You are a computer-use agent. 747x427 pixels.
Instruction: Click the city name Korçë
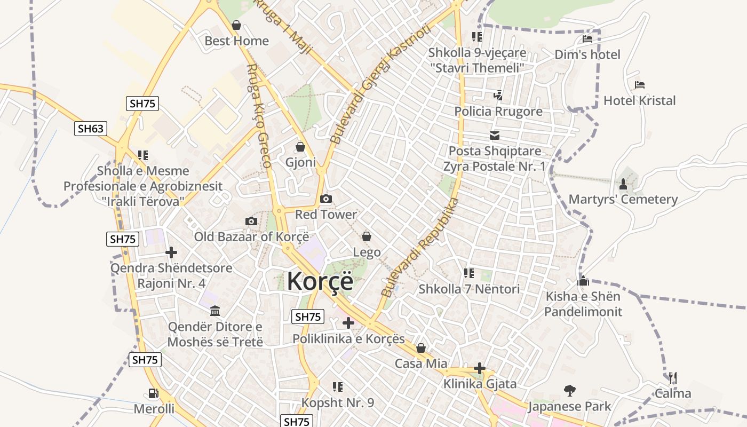coord(320,281)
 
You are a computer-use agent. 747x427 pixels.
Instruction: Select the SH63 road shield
coord(91,129)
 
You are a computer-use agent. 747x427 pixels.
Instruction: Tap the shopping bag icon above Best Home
coord(236,25)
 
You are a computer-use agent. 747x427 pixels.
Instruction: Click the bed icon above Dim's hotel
coord(587,39)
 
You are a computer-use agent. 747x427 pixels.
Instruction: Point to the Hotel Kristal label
coord(639,100)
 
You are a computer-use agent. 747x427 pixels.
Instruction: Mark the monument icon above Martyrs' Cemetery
coord(623,184)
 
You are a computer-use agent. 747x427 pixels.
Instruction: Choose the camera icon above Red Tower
coord(326,199)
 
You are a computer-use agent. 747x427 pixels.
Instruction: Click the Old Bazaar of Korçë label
coord(251,236)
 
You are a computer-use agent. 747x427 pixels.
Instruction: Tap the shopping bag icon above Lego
coord(367,236)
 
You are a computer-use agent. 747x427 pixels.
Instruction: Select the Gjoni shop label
coord(300,162)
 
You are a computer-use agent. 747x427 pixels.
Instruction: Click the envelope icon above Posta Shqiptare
coord(495,136)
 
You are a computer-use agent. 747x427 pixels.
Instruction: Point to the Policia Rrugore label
coord(498,111)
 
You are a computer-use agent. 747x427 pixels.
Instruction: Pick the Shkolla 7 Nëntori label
coord(469,289)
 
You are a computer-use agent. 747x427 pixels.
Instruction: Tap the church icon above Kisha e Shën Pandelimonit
coord(583,281)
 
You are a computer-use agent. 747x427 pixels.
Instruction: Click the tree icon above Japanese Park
coord(570,391)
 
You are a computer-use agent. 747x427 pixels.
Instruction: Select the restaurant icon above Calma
coord(672,378)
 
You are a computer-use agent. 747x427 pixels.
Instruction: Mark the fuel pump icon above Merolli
coord(154,393)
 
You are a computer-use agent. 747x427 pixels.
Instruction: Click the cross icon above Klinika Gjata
coord(480,368)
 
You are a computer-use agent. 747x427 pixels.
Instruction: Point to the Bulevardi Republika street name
coord(420,247)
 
